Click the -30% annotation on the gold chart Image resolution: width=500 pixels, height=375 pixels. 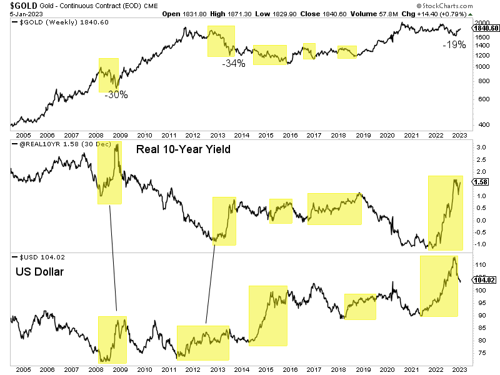pyautogui.click(x=116, y=95)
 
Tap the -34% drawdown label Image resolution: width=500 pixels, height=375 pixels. pyautogui.click(x=234, y=63)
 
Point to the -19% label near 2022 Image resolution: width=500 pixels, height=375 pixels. pyautogui.click(x=454, y=44)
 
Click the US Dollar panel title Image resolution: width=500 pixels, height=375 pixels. pyautogui.click(x=39, y=272)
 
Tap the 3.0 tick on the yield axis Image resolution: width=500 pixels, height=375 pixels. pyautogui.click(x=481, y=147)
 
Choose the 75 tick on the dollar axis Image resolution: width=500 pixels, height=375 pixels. pyautogui.click(x=481, y=353)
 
